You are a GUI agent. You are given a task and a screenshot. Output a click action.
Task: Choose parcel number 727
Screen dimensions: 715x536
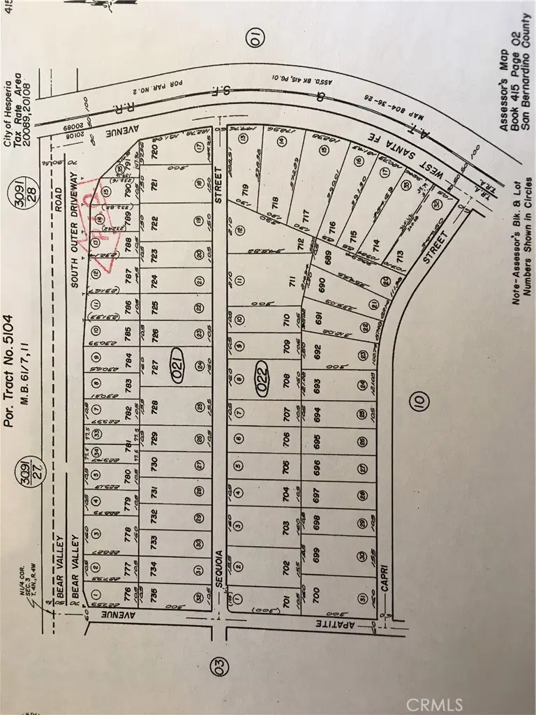point(155,363)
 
